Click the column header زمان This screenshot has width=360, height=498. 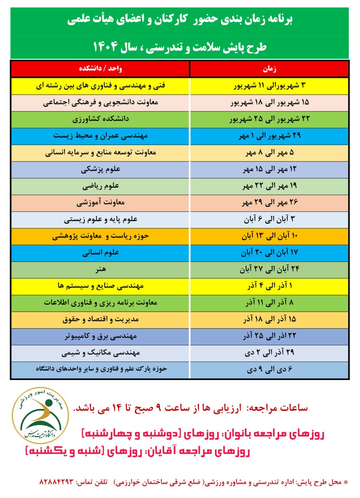269,69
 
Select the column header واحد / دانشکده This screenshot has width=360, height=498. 101,69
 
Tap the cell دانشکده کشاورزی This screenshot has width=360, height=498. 101,119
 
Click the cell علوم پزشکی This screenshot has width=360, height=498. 101,169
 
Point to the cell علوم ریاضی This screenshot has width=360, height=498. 101,186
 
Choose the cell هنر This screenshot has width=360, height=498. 101,269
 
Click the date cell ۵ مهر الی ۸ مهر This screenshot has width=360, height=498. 269,153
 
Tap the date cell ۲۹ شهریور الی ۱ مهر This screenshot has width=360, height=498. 269,136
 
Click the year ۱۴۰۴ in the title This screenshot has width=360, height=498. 107,47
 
